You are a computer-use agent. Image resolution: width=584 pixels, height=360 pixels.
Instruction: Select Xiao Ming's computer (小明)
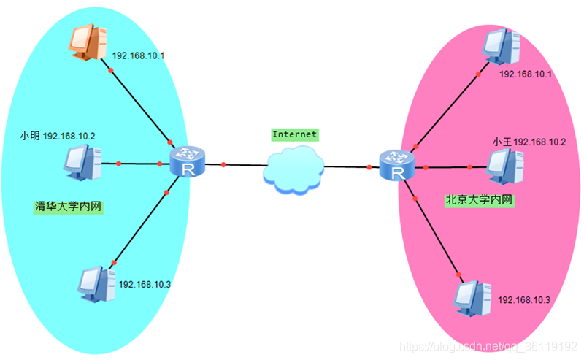(81, 162)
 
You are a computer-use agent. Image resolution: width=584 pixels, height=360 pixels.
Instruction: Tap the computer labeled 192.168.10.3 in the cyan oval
(96, 283)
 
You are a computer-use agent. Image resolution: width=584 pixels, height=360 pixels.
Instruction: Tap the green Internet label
(294, 134)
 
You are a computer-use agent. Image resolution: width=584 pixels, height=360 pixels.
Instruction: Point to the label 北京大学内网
(480, 199)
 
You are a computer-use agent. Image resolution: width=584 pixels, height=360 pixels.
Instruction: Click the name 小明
(30, 136)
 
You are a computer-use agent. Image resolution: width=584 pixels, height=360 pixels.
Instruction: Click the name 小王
(502, 141)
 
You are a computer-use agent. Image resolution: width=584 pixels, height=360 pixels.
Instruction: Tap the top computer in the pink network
(502, 45)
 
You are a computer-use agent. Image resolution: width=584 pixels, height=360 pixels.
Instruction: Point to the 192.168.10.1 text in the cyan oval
(139, 55)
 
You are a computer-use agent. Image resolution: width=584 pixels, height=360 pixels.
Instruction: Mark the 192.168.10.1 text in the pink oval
(526, 75)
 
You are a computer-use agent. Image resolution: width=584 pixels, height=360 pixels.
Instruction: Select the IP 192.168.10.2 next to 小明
(69, 136)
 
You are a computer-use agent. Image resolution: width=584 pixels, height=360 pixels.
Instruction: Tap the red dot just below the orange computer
(111, 71)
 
